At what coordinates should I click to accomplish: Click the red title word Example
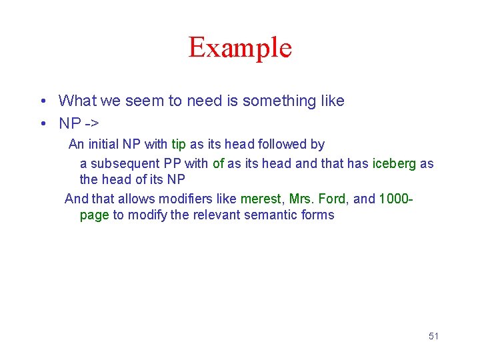click(240, 48)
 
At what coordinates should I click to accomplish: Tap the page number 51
click(433, 336)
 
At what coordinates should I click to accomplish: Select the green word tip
click(179, 145)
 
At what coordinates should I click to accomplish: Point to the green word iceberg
click(394, 163)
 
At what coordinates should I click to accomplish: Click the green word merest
click(261, 199)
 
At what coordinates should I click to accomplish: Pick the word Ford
click(332, 199)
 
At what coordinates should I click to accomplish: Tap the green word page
click(94, 215)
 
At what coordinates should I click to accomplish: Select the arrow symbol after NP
click(91, 123)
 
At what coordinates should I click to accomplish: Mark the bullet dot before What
click(42, 101)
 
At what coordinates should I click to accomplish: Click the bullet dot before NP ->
click(42, 123)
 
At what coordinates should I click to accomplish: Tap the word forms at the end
click(317, 215)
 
